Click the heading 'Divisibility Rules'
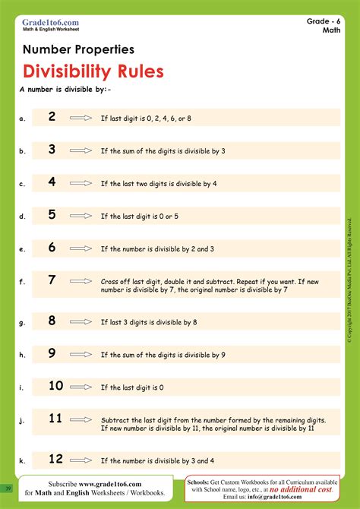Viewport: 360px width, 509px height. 93,71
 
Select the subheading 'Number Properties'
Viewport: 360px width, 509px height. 79,49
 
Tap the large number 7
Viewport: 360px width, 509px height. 52,280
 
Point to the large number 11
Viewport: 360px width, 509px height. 55,418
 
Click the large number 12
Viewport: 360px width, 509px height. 55,458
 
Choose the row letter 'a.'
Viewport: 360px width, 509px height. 23,119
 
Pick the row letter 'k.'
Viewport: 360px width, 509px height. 23,460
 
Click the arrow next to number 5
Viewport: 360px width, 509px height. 80,216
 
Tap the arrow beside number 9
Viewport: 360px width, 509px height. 80,354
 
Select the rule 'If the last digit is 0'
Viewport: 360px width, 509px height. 132,387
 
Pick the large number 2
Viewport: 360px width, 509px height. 52,116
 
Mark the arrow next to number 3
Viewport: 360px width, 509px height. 80,151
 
